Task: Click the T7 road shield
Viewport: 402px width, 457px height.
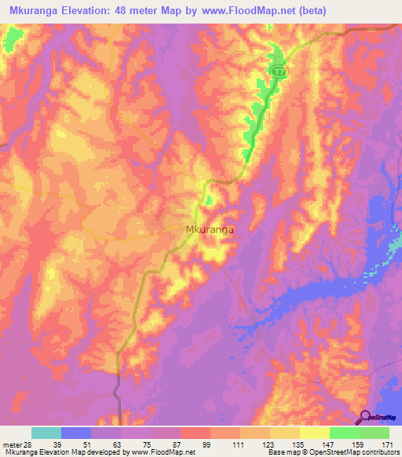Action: click(x=279, y=71)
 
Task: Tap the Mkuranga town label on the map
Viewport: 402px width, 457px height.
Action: click(x=211, y=231)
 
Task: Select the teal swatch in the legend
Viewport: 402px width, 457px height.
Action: click(x=46, y=433)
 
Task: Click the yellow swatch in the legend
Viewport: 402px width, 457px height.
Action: click(x=313, y=433)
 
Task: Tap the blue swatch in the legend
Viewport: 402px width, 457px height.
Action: click(x=76, y=433)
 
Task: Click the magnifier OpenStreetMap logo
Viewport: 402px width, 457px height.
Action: click(x=366, y=418)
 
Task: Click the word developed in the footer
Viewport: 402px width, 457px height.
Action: click(x=100, y=452)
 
